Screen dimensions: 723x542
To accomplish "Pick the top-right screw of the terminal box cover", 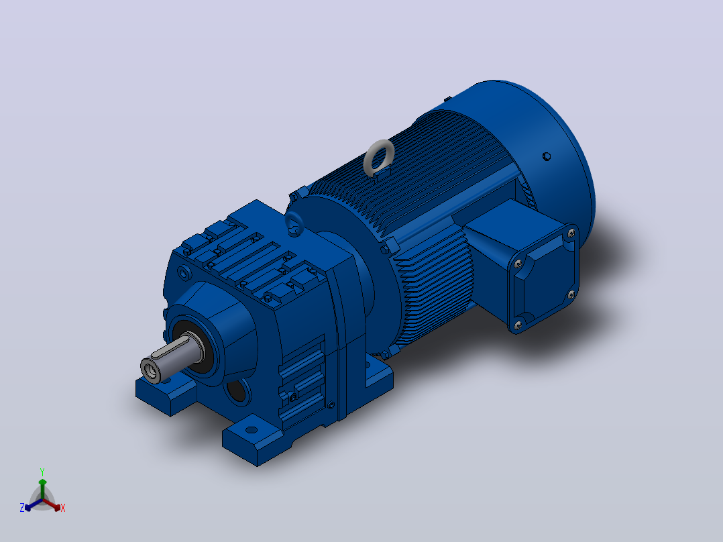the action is [x=571, y=234].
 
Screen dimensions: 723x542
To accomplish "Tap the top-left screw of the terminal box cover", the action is [x=518, y=264].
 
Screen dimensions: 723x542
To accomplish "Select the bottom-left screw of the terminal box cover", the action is [x=518, y=325].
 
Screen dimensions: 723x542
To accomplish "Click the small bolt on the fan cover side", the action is [x=547, y=156].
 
